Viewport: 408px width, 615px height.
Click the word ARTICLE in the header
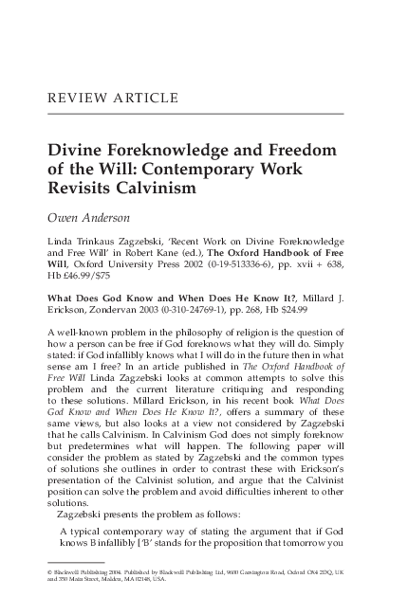point(141,99)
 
